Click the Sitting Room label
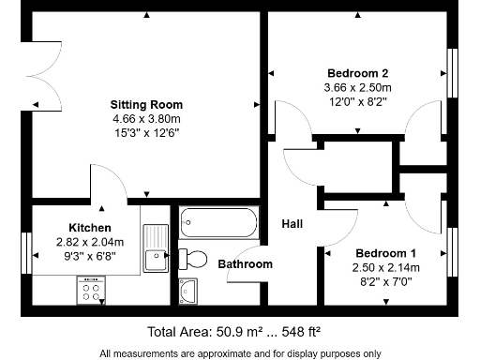146,104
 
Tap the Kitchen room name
90,228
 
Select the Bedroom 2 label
358,73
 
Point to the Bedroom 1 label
386,253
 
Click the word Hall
292,224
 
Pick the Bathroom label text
246,264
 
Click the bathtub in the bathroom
218,222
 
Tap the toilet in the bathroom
193,259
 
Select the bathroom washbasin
188,292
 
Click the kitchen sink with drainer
156,247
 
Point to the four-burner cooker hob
91,290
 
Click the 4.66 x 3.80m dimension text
146,119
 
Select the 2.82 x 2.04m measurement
90,242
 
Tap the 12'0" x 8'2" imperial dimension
358,102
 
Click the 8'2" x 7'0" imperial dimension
386,282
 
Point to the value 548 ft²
301,332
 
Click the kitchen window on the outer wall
26,253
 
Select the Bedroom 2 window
453,73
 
